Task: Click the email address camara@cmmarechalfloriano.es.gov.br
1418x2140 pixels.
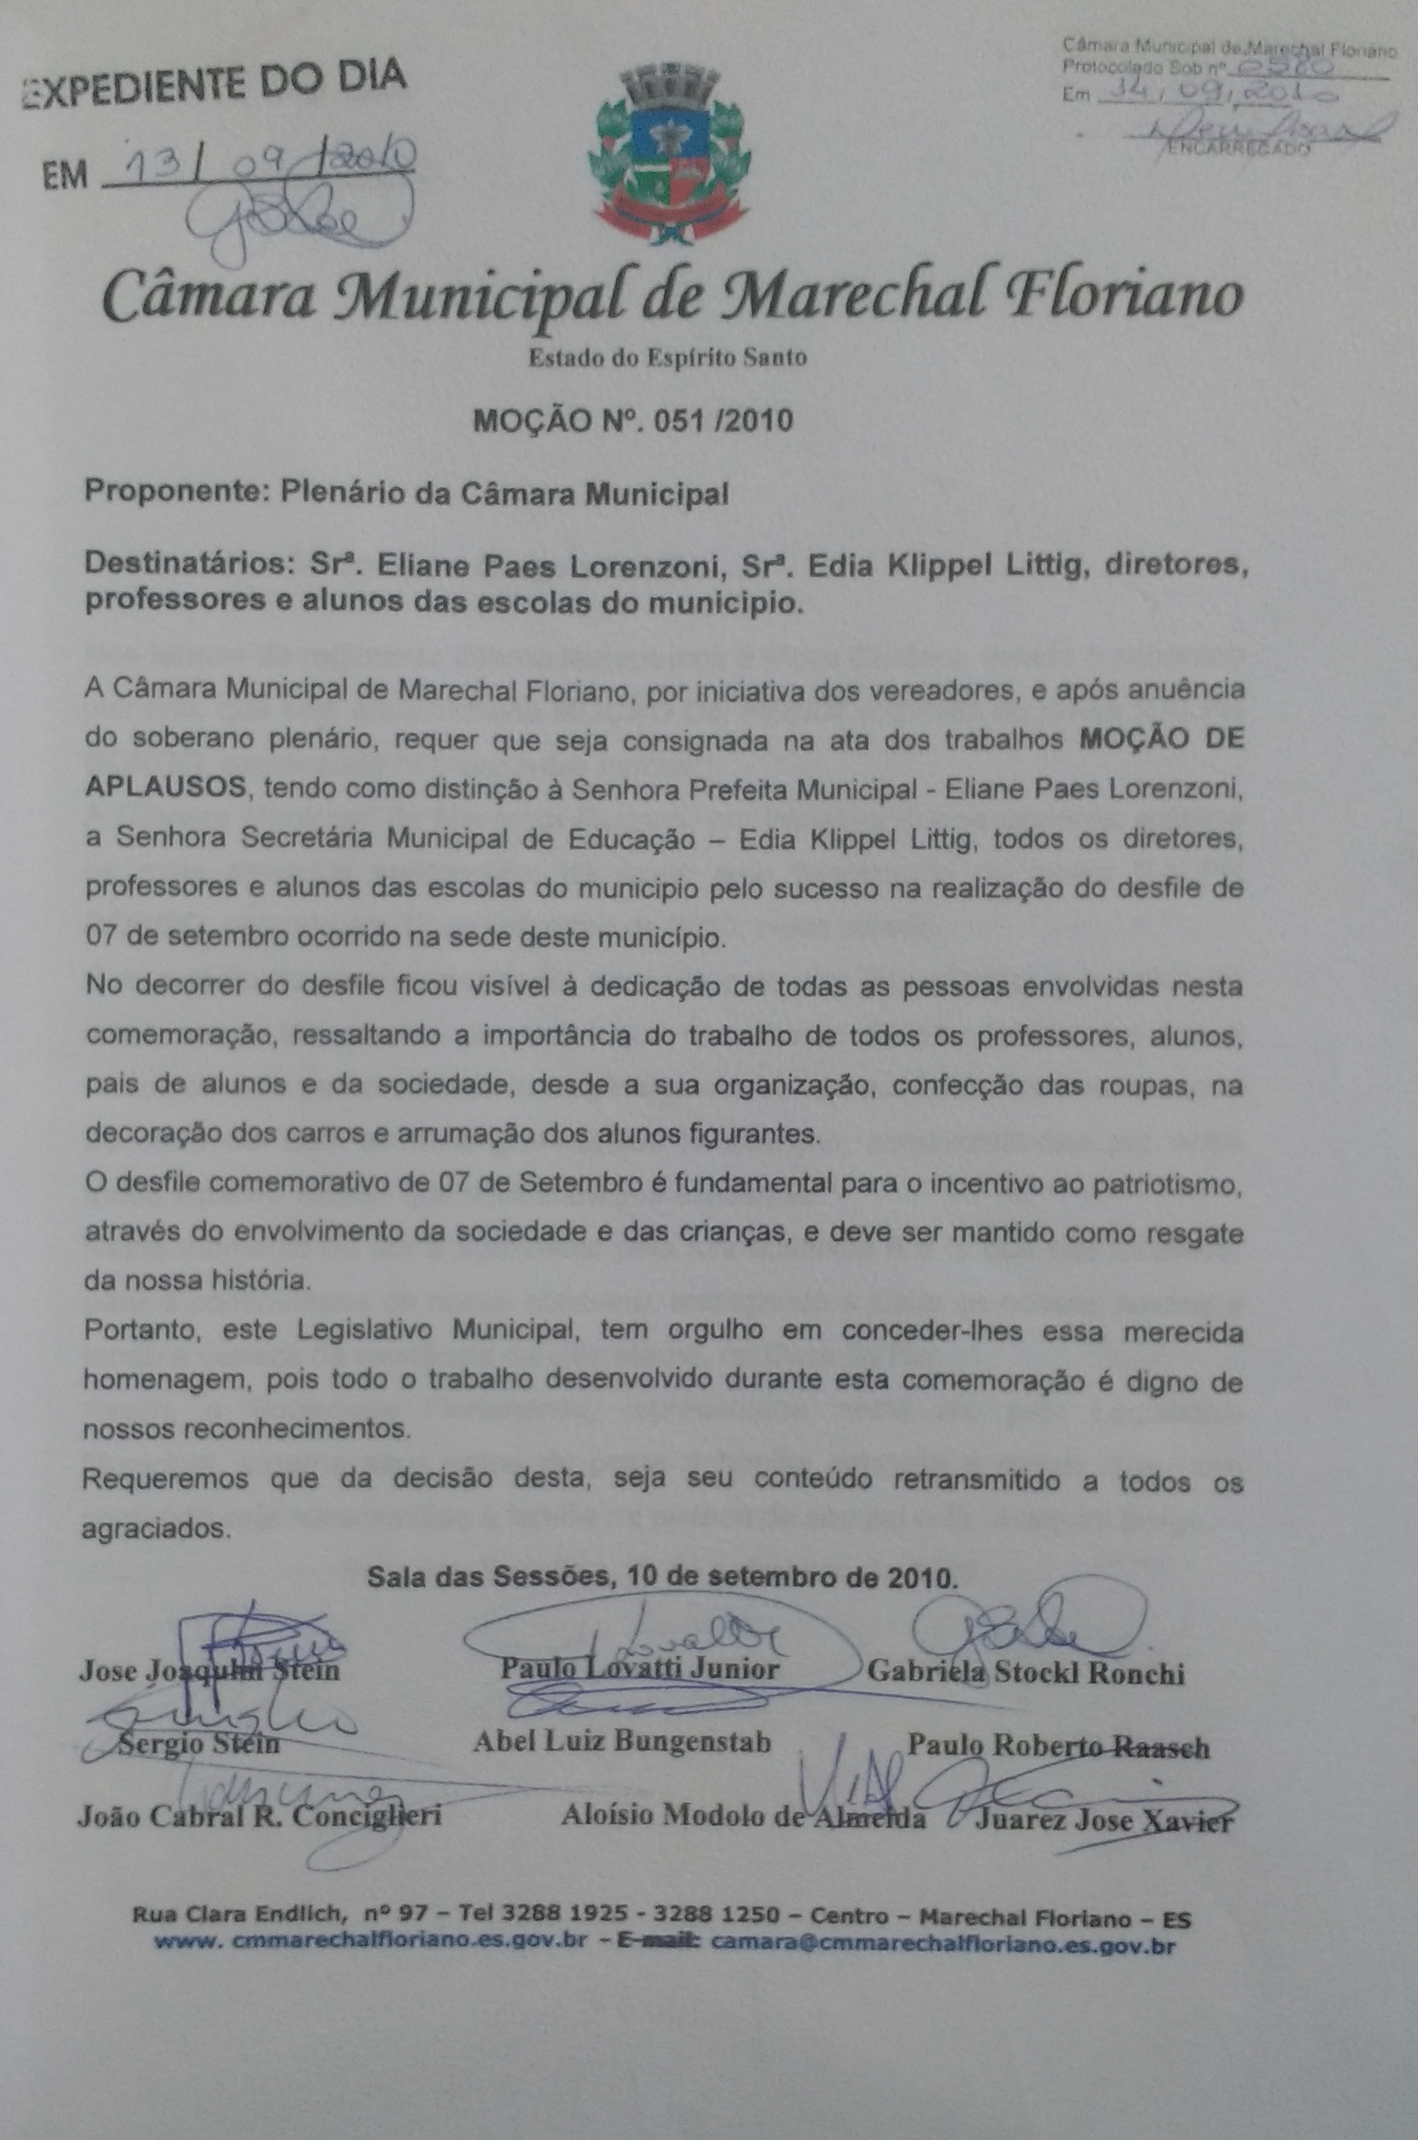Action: coord(942,1940)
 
